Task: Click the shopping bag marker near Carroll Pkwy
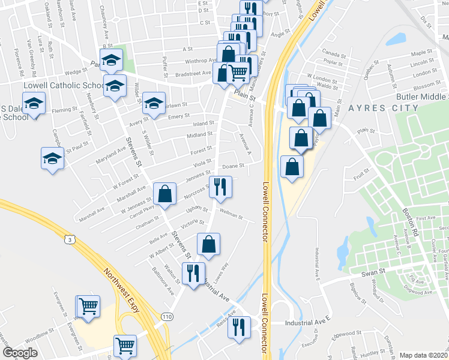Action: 164,194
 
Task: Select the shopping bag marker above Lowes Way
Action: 208,244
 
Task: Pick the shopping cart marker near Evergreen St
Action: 88,306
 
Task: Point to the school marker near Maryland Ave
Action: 53,158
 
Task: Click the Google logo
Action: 20,353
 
